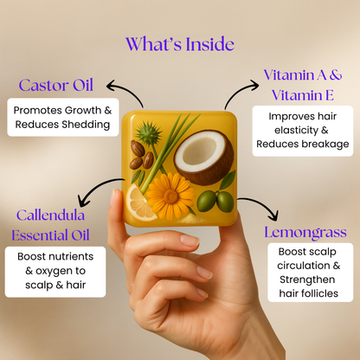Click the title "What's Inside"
[179, 43]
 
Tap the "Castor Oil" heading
[56, 86]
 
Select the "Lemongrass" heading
[305, 232]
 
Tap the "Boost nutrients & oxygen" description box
[55, 273]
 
